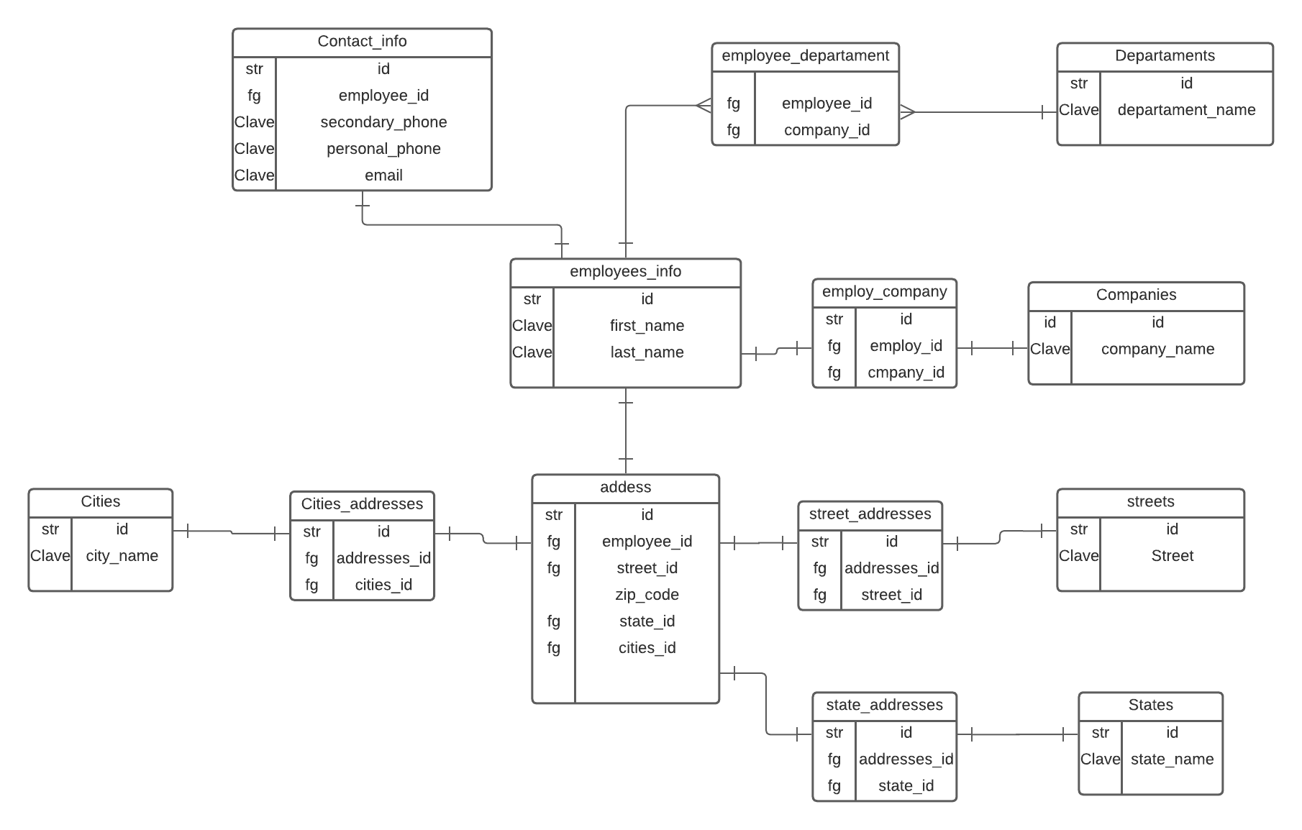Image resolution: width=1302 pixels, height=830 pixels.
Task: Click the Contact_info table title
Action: click(362, 42)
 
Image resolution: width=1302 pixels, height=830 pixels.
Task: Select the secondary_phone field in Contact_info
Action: click(383, 122)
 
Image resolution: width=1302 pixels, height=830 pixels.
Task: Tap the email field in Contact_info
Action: click(383, 175)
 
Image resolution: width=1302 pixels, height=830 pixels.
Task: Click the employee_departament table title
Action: click(805, 56)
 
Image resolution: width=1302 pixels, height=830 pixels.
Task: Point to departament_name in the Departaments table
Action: click(1186, 110)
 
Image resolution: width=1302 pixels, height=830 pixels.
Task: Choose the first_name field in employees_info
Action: click(647, 326)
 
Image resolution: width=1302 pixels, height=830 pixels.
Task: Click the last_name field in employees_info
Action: click(647, 352)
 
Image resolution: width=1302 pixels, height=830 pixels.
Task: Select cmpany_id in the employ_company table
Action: click(906, 373)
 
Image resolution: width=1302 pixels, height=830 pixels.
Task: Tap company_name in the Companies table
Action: click(1157, 350)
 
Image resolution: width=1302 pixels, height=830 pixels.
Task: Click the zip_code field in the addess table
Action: click(647, 595)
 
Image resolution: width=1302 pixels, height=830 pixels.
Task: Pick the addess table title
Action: click(625, 488)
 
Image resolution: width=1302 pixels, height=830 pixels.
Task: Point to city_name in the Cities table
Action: click(122, 556)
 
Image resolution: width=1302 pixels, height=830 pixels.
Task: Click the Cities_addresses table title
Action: click(362, 504)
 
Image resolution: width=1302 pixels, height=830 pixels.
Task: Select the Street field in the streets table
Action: click(1172, 556)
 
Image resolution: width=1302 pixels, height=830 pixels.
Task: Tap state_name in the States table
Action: click(1172, 760)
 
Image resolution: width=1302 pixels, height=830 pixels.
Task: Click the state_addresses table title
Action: click(884, 706)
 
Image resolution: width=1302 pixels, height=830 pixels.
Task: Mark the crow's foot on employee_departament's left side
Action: click(704, 106)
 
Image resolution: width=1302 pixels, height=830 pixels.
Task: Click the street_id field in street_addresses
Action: click(891, 596)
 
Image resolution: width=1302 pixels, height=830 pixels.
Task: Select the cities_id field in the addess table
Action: click(647, 648)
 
